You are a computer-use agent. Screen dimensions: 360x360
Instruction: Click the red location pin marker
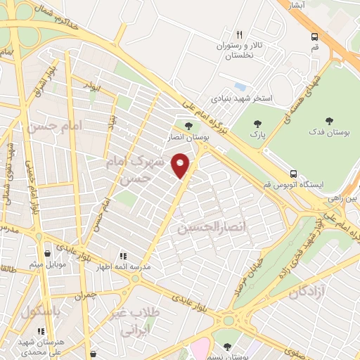click(181, 165)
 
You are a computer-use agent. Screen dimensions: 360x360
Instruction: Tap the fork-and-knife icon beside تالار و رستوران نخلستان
click(240, 34)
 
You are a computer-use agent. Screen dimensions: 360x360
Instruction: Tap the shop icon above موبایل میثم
click(47, 255)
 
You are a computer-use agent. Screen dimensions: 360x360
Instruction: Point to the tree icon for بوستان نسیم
click(228, 345)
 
